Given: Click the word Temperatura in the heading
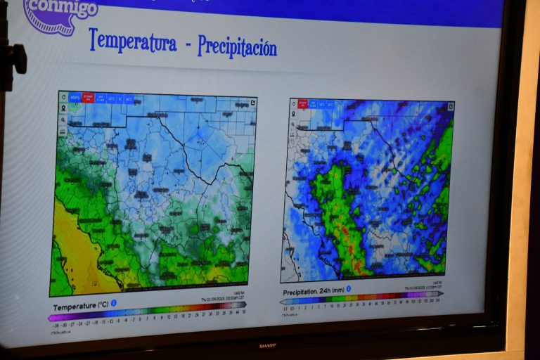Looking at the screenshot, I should (x=132, y=41).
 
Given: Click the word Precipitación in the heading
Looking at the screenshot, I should (x=237, y=46).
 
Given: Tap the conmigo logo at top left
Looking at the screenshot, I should (x=60, y=14).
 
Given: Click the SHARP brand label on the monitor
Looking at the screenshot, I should (x=266, y=345).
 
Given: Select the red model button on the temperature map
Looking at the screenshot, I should (x=88, y=98).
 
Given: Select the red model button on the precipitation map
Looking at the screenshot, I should (x=304, y=103).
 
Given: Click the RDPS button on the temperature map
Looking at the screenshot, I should (x=75, y=98).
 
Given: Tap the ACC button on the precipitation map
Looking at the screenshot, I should (x=330, y=104).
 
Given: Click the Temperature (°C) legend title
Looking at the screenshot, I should (x=80, y=306).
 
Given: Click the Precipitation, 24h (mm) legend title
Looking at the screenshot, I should (x=314, y=291).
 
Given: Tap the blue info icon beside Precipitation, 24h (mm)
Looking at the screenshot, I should (x=348, y=288).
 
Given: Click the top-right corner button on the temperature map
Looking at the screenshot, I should (x=252, y=103).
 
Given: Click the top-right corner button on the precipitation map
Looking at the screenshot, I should (x=450, y=107).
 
